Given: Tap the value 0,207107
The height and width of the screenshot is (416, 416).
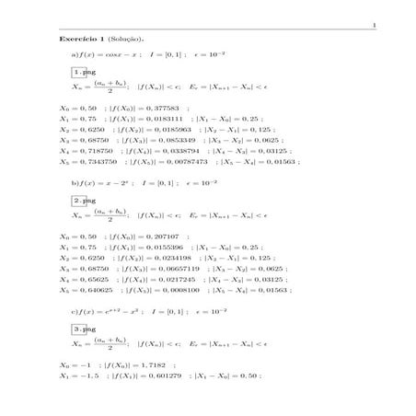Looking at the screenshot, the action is pos(144,236).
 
